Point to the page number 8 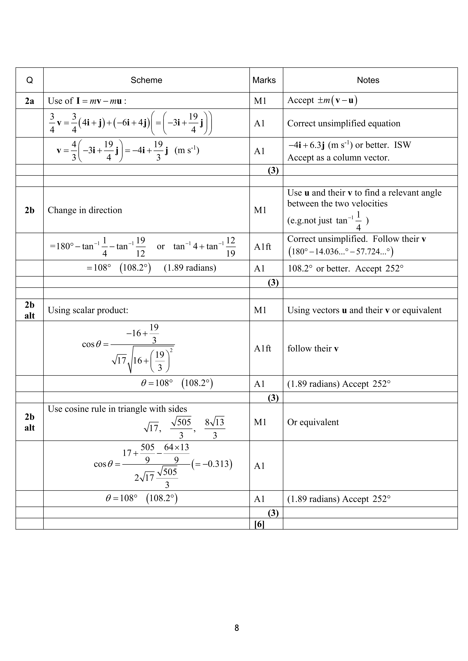click(237, 628)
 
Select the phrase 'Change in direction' click(85, 210)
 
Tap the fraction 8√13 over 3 click(215, 428)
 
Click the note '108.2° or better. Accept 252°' click(346, 269)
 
